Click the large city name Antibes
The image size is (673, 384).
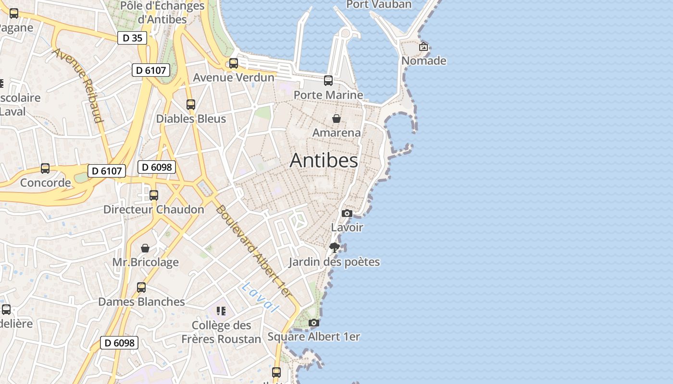click(x=324, y=160)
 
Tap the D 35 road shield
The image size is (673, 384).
click(x=132, y=38)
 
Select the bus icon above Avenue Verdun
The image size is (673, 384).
click(x=234, y=63)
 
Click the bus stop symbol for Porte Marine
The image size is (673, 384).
click(x=328, y=81)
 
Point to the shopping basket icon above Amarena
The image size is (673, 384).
click(x=336, y=118)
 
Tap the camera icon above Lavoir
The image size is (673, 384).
click(x=347, y=213)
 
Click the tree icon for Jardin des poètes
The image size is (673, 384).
click(x=335, y=248)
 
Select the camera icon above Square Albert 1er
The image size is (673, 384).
click(x=313, y=323)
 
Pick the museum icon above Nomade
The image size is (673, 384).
click(x=424, y=47)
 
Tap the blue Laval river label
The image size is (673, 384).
click(x=261, y=298)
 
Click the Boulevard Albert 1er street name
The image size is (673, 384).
click(x=253, y=251)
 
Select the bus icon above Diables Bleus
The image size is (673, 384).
click(x=191, y=104)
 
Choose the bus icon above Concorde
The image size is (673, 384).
click(x=45, y=168)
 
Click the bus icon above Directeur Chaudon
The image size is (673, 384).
click(x=154, y=195)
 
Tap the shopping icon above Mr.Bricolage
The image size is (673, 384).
click(x=145, y=248)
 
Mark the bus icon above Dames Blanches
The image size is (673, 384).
click(x=141, y=288)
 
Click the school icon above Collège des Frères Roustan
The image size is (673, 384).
click(x=221, y=311)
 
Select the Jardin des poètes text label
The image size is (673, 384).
click(x=334, y=262)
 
